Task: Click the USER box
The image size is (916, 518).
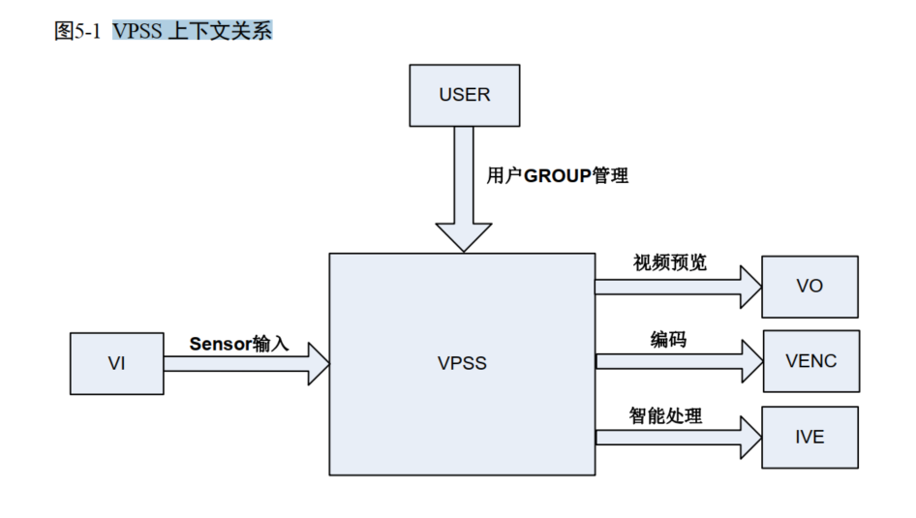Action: pos(464,95)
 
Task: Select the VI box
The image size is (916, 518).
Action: pos(116,363)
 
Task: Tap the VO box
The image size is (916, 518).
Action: pos(809,287)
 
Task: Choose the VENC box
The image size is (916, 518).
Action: pos(810,360)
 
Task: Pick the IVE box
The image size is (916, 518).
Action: pos(809,438)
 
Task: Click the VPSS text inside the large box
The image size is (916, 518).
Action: pos(462,364)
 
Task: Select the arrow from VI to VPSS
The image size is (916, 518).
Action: pos(247,364)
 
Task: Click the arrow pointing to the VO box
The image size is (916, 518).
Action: pos(678,287)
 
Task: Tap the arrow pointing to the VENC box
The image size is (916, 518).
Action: pos(678,360)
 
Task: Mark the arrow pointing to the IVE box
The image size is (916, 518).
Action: pos(678,438)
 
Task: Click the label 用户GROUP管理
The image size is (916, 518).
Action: pos(557,176)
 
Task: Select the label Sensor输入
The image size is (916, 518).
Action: pos(238,344)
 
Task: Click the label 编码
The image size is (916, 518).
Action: pos(667,339)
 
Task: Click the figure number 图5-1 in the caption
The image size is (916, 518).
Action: pos(77,31)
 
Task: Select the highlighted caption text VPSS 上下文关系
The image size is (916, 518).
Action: pos(192,31)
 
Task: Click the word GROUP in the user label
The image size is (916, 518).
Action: pos(557,176)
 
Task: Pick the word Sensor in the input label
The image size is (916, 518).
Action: pos(220,344)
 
